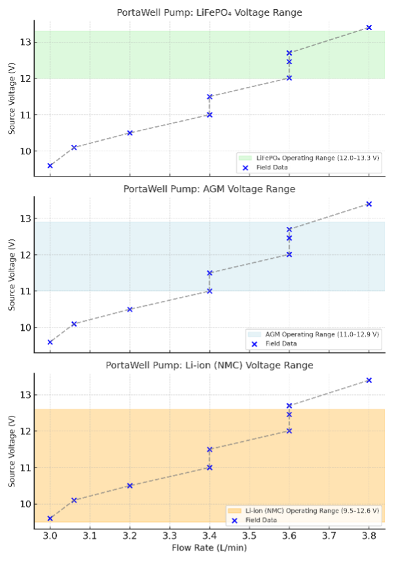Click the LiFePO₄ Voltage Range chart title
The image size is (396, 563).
(209, 12)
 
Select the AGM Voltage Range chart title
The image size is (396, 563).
(209, 189)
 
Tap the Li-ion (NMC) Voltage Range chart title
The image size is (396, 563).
(209, 365)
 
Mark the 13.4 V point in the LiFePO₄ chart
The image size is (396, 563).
(369, 27)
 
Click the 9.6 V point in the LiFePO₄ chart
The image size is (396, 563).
(50, 165)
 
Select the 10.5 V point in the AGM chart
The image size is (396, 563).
(130, 309)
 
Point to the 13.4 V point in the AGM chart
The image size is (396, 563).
(369, 204)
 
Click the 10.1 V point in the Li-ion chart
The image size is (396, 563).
(74, 500)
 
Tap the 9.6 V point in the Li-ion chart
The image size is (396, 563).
(50, 519)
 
